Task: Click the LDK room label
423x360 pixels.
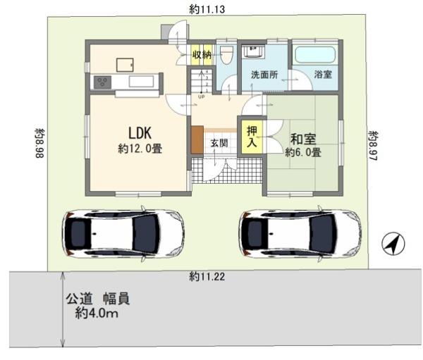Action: [140, 132]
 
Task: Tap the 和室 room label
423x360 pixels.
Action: [303, 139]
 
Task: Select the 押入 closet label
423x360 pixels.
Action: [252, 137]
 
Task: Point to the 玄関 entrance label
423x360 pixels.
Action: [219, 143]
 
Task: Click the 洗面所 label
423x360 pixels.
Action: [264, 75]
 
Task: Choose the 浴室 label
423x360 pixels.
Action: [323, 75]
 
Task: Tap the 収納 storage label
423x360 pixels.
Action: [202, 55]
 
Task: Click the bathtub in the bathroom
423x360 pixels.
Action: [315, 55]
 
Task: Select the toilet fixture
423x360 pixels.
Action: [226, 55]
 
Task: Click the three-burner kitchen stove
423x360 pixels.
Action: [102, 82]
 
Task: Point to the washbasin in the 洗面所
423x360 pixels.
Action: [253, 51]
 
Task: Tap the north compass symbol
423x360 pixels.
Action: [393, 243]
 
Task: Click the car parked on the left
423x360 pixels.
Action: [123, 233]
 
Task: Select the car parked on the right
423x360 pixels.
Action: [300, 233]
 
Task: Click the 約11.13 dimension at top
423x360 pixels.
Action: [207, 9]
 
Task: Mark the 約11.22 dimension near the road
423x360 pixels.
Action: [207, 277]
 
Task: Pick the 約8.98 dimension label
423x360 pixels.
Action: [40, 143]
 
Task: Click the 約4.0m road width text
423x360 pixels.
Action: [97, 313]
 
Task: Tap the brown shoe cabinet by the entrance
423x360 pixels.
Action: [197, 139]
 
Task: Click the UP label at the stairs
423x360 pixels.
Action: [201, 97]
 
